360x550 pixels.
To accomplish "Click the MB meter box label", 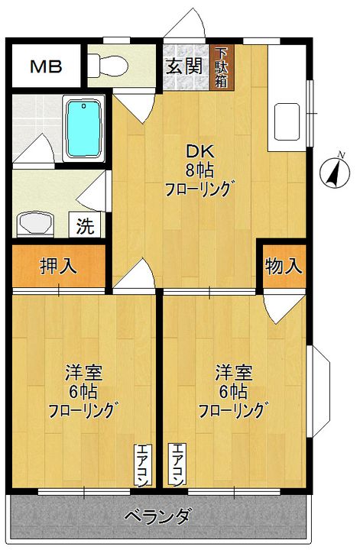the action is coord(46,66).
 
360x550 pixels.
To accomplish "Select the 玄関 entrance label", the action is coord(184,66).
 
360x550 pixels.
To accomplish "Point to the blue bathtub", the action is coord(84,128).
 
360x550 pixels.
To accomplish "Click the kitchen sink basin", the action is coord(287,121).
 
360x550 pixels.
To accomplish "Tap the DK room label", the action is coord(199,152).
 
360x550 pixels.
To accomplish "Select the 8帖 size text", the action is coord(199,171).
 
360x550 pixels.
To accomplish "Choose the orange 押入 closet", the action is coord(59,266).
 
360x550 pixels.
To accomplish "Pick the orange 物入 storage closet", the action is coord(284,266).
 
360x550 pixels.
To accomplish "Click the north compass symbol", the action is coord(335,171).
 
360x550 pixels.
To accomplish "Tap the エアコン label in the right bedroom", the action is coord(177,465).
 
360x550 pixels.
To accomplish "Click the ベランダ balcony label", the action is coord(158,516).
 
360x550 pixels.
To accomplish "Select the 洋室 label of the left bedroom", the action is coord(83,373).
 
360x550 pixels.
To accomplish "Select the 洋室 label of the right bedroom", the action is coord(234,373).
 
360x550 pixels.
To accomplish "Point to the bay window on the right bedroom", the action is coord(318,391).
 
